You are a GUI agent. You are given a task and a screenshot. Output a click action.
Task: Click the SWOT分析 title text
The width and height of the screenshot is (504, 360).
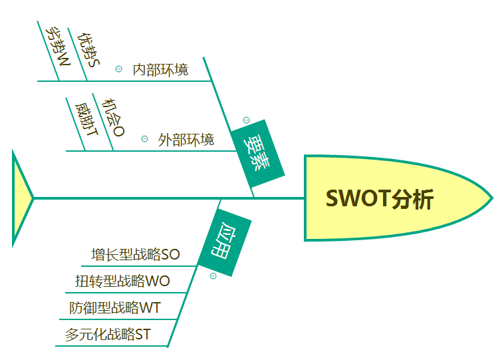point(380,198)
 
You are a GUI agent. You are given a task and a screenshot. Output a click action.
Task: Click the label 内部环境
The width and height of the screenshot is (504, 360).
point(160,69)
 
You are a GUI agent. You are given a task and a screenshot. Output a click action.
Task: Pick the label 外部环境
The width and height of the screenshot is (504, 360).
point(186,140)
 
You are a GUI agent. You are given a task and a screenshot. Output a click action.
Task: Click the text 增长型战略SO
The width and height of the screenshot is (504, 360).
point(136,255)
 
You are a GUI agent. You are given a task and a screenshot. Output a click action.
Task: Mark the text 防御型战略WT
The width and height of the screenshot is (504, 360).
point(115,308)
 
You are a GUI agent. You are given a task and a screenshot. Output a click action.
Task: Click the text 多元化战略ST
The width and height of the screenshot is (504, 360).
point(108,335)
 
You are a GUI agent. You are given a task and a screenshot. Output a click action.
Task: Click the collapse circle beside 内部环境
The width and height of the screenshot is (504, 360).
point(119,69)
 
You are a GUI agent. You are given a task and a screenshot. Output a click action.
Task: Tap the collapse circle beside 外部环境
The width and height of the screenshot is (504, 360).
point(144,139)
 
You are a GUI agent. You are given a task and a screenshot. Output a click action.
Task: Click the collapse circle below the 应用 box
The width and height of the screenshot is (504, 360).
point(213,276)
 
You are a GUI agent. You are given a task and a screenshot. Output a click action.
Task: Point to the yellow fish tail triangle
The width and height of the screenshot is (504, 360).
point(21,198)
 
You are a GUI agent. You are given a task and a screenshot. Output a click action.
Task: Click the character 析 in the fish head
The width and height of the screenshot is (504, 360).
point(423,198)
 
